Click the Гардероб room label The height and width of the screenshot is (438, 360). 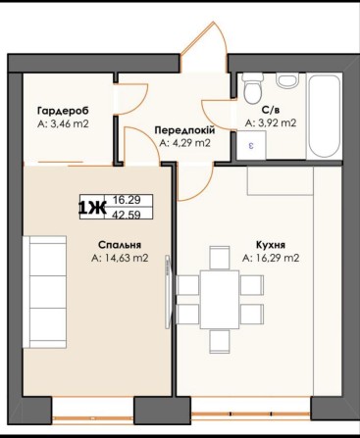64,111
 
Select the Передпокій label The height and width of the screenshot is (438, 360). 184,130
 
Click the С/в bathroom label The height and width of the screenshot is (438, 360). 271,110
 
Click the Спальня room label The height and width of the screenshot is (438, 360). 120,245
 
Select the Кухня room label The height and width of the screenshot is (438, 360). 271,245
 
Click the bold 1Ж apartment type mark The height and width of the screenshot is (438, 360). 92,208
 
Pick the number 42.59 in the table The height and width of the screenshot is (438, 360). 127,215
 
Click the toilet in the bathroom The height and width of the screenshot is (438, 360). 253,87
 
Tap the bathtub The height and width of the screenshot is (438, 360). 325,117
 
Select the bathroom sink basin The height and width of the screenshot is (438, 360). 287,80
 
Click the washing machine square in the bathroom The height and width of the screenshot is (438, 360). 251,145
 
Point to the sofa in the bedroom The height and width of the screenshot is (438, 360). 45,292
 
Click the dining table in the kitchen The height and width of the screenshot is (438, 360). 220,299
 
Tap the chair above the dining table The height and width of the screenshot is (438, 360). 220,258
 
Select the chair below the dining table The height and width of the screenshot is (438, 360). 220,341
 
